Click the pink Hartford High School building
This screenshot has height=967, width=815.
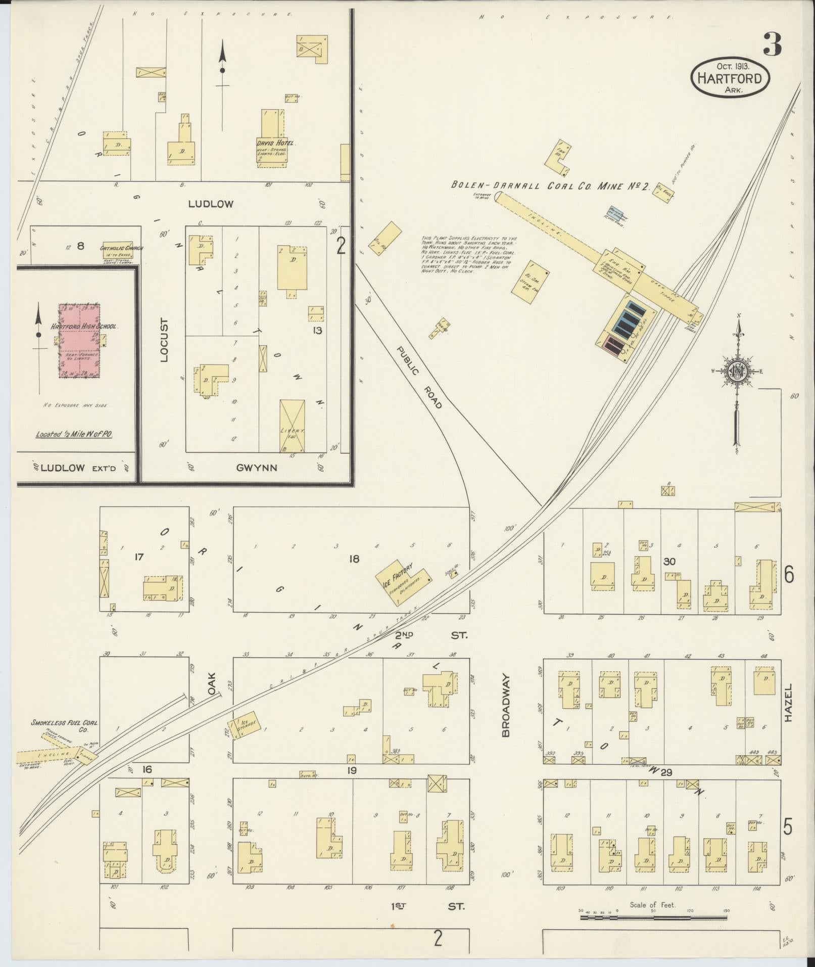79,341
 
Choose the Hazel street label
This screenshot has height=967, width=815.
789,704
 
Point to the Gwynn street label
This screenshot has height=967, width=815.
256,468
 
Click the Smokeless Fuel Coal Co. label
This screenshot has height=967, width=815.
65,726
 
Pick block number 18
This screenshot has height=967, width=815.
354,559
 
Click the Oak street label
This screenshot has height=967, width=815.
211,683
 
